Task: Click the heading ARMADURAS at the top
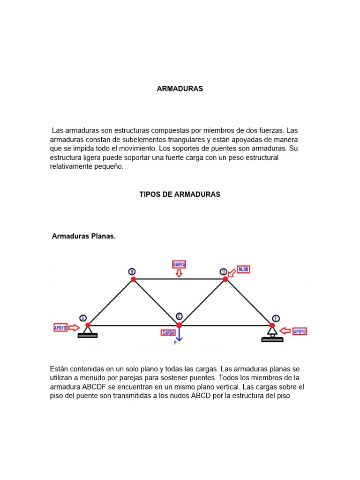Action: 180,89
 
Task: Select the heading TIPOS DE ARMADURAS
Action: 180,194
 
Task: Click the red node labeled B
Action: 133,279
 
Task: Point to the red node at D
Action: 225,279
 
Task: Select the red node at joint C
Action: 179,325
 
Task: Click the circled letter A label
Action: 83,318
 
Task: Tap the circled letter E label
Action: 276,318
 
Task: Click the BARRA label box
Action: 179,264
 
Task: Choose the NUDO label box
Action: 243,270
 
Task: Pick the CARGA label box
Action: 168,332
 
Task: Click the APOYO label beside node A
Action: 60,328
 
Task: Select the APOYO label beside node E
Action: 300,331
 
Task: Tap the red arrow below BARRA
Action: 179,273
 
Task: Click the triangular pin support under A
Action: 88,330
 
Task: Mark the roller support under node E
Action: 272,333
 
